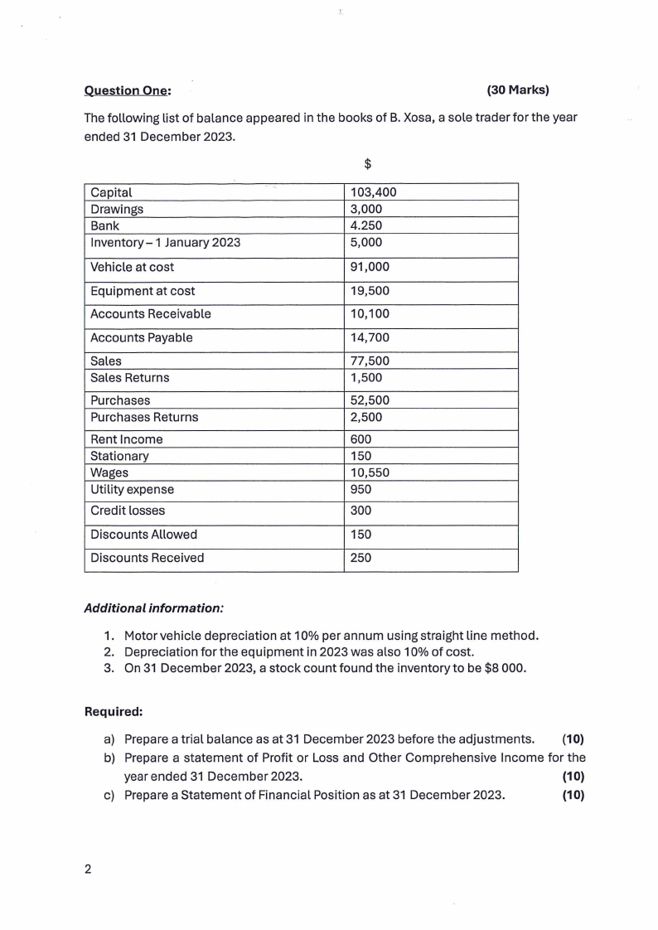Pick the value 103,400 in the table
[x=374, y=192]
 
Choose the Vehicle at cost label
[x=133, y=267]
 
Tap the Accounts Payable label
[x=141, y=337]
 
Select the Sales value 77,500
[x=370, y=361]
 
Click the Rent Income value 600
[x=361, y=439]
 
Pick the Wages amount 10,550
[x=370, y=472]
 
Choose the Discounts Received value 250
[x=361, y=558]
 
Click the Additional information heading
[x=154, y=608]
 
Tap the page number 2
[x=88, y=869]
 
